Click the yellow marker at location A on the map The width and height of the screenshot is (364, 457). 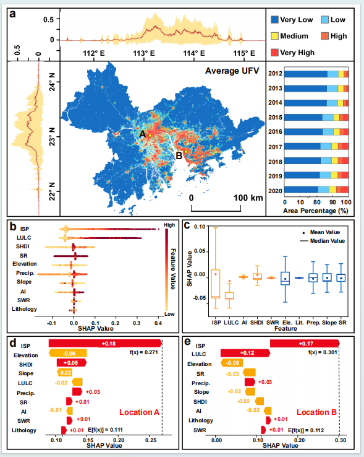(150, 136)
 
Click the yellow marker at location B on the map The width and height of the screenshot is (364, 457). (185, 152)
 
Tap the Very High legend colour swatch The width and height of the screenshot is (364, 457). (274, 53)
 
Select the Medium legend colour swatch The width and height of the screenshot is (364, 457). (274, 36)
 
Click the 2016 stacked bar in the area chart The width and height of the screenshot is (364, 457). (316, 132)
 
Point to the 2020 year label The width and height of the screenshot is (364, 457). (275, 191)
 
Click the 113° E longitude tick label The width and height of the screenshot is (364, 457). (144, 53)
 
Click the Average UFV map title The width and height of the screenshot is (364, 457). (232, 71)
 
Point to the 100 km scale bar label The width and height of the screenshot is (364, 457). (248, 198)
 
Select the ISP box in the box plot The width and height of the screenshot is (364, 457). (216, 284)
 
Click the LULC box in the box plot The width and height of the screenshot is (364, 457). (229, 295)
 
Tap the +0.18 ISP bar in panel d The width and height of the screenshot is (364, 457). (105, 343)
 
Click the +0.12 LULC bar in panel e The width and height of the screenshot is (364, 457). (245, 353)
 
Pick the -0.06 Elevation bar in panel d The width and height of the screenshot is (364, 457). (68, 353)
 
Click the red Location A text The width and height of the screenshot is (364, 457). (140, 412)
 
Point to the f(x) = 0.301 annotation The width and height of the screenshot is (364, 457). (323, 352)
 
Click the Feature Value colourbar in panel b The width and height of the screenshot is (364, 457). (166, 270)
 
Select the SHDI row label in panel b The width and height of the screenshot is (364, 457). (23, 246)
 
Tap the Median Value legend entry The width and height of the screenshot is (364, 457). (322, 241)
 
